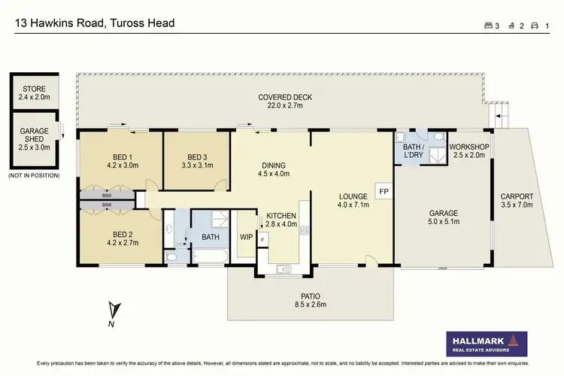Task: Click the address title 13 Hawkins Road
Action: pos(95,23)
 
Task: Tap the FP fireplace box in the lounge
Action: pos(383,191)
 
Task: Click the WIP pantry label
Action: pos(245,237)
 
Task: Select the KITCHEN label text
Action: pos(280,215)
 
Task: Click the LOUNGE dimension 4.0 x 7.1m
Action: pos(352,206)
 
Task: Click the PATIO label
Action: pos(311,296)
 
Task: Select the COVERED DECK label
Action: pos(285,97)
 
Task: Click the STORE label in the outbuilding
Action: pos(34,89)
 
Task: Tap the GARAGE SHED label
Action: pos(34,135)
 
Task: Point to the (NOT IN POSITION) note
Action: pos(35,174)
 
